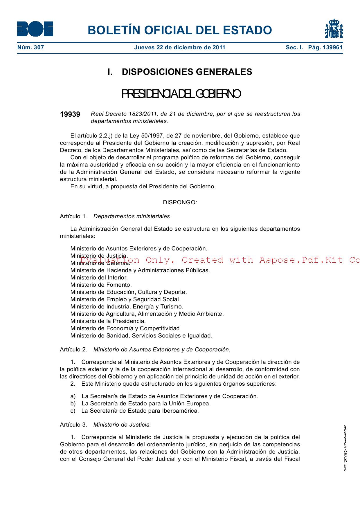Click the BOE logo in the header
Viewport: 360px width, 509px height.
point(35,29)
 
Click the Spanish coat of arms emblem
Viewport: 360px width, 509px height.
point(334,29)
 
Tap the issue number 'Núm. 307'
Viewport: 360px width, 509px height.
point(30,48)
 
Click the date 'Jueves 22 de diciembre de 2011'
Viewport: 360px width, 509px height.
point(179,48)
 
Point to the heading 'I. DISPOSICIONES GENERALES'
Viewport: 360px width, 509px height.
point(180,72)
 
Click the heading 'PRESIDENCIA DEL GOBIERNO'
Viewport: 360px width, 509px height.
point(181,94)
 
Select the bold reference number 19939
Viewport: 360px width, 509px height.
point(70,114)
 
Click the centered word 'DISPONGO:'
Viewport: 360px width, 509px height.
point(180,203)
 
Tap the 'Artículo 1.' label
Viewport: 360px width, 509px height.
point(73,216)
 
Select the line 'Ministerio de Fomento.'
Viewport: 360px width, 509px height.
point(101,285)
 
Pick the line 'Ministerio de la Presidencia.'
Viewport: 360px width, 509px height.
point(108,321)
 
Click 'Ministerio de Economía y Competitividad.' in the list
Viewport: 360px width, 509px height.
point(126,328)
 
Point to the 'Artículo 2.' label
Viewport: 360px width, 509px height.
point(73,350)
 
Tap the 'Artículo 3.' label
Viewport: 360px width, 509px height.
point(73,425)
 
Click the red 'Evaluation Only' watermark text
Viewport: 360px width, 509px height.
point(220,260)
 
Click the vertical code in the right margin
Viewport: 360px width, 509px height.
point(345,448)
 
